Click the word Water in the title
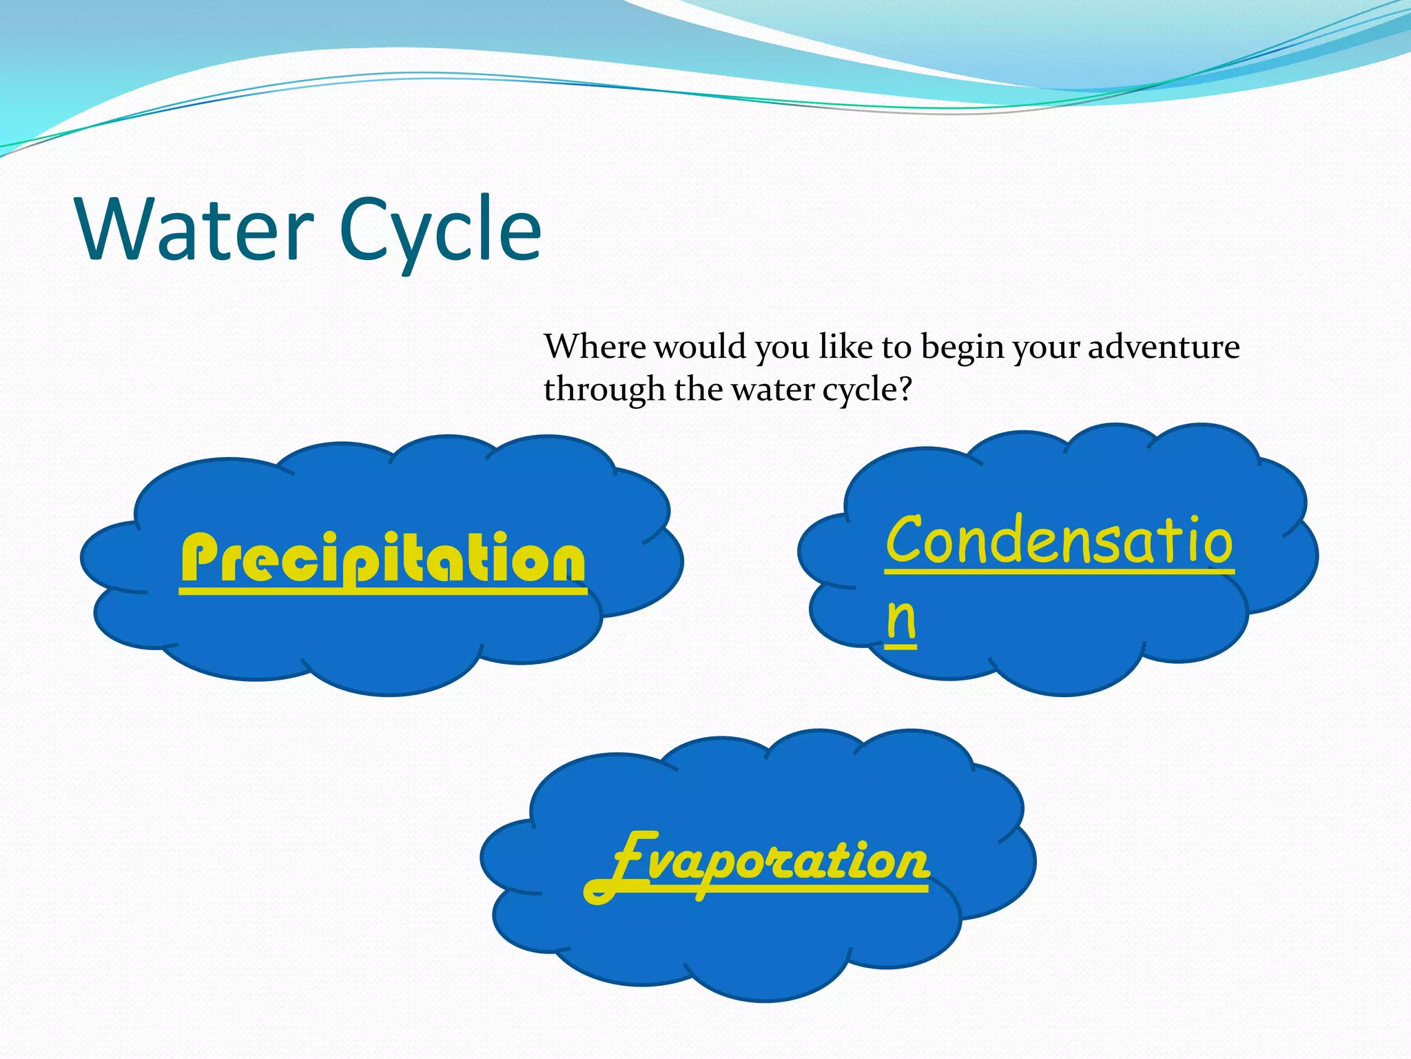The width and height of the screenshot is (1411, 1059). click(x=196, y=230)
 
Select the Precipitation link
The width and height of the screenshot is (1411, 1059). click(x=383, y=559)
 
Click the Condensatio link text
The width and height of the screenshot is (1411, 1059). click(x=1059, y=540)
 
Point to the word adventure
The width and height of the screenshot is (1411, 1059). click(x=1164, y=346)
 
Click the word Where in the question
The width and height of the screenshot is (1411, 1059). click(x=595, y=346)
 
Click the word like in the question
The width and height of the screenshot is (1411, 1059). click(x=845, y=346)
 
